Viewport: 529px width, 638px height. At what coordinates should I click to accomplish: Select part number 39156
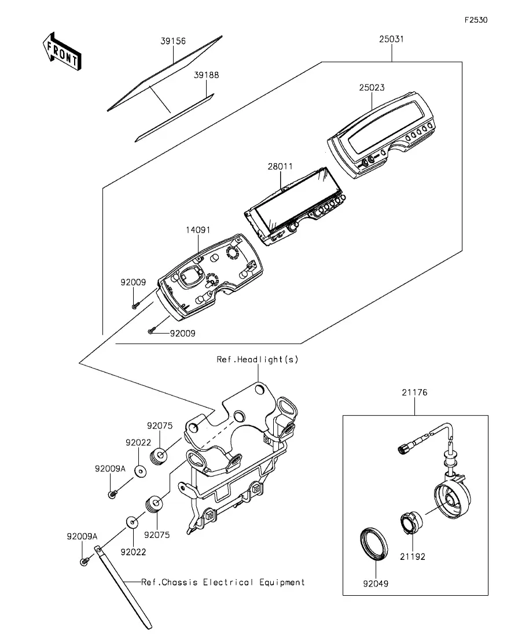pos(173,42)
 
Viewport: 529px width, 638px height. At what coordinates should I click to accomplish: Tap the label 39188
pos(207,75)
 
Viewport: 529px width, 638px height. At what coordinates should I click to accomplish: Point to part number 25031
pos(392,40)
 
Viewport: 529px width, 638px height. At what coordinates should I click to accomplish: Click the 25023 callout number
pos(372,87)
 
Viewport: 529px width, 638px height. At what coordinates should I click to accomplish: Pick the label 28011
pos(280,167)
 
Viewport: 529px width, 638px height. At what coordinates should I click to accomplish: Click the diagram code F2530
pos(476,20)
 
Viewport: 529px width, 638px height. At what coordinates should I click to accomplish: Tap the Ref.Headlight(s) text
pos(258,359)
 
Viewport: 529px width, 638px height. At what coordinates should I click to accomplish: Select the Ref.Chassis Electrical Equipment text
pos(223,582)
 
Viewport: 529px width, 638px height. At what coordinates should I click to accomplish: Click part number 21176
pos(414,393)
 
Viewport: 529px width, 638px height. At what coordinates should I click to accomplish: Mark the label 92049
pos(376,584)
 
